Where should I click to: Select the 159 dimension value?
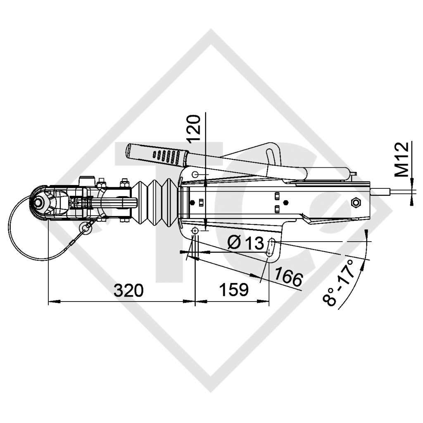pos(233,290)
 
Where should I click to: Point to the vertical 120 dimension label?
pos(195,129)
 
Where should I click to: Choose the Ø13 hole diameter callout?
pos(245,243)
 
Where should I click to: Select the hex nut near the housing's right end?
pos(355,202)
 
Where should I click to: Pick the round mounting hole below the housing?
pos(195,230)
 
